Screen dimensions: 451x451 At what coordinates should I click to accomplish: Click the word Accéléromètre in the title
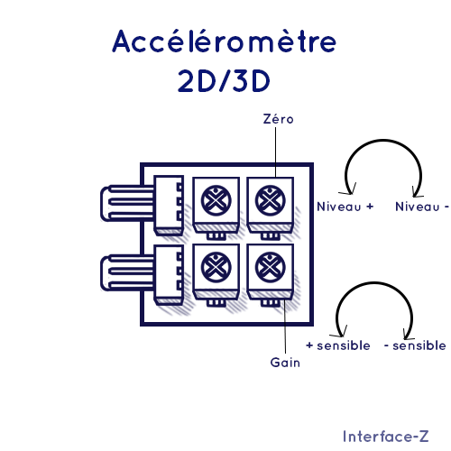point(224,41)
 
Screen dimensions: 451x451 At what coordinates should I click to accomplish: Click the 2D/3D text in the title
point(224,81)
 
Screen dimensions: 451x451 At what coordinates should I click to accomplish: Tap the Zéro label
point(278,119)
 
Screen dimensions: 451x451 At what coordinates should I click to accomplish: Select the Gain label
point(285,363)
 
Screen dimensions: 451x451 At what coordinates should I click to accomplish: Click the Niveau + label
point(345,207)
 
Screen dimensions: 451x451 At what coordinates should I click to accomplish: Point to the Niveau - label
point(422,207)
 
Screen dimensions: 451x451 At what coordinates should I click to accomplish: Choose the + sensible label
point(338,345)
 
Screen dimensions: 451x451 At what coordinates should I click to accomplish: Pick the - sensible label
point(415,345)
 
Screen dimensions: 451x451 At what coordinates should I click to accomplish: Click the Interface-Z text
point(386,437)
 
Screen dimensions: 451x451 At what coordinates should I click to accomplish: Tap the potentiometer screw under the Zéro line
point(270,200)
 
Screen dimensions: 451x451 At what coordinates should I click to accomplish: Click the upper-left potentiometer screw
point(216,200)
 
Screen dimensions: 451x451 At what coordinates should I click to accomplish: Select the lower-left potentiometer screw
point(216,267)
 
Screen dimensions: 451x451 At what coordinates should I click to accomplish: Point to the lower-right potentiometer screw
point(270,267)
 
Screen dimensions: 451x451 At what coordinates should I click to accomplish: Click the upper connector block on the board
point(169,205)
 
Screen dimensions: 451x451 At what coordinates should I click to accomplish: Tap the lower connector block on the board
point(169,274)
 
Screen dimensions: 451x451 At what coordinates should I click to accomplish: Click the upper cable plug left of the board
point(127,203)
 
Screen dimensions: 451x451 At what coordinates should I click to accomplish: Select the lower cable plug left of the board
point(127,272)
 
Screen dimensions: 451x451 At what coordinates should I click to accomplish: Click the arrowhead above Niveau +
point(349,189)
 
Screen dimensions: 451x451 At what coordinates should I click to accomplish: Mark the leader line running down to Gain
point(284,327)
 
